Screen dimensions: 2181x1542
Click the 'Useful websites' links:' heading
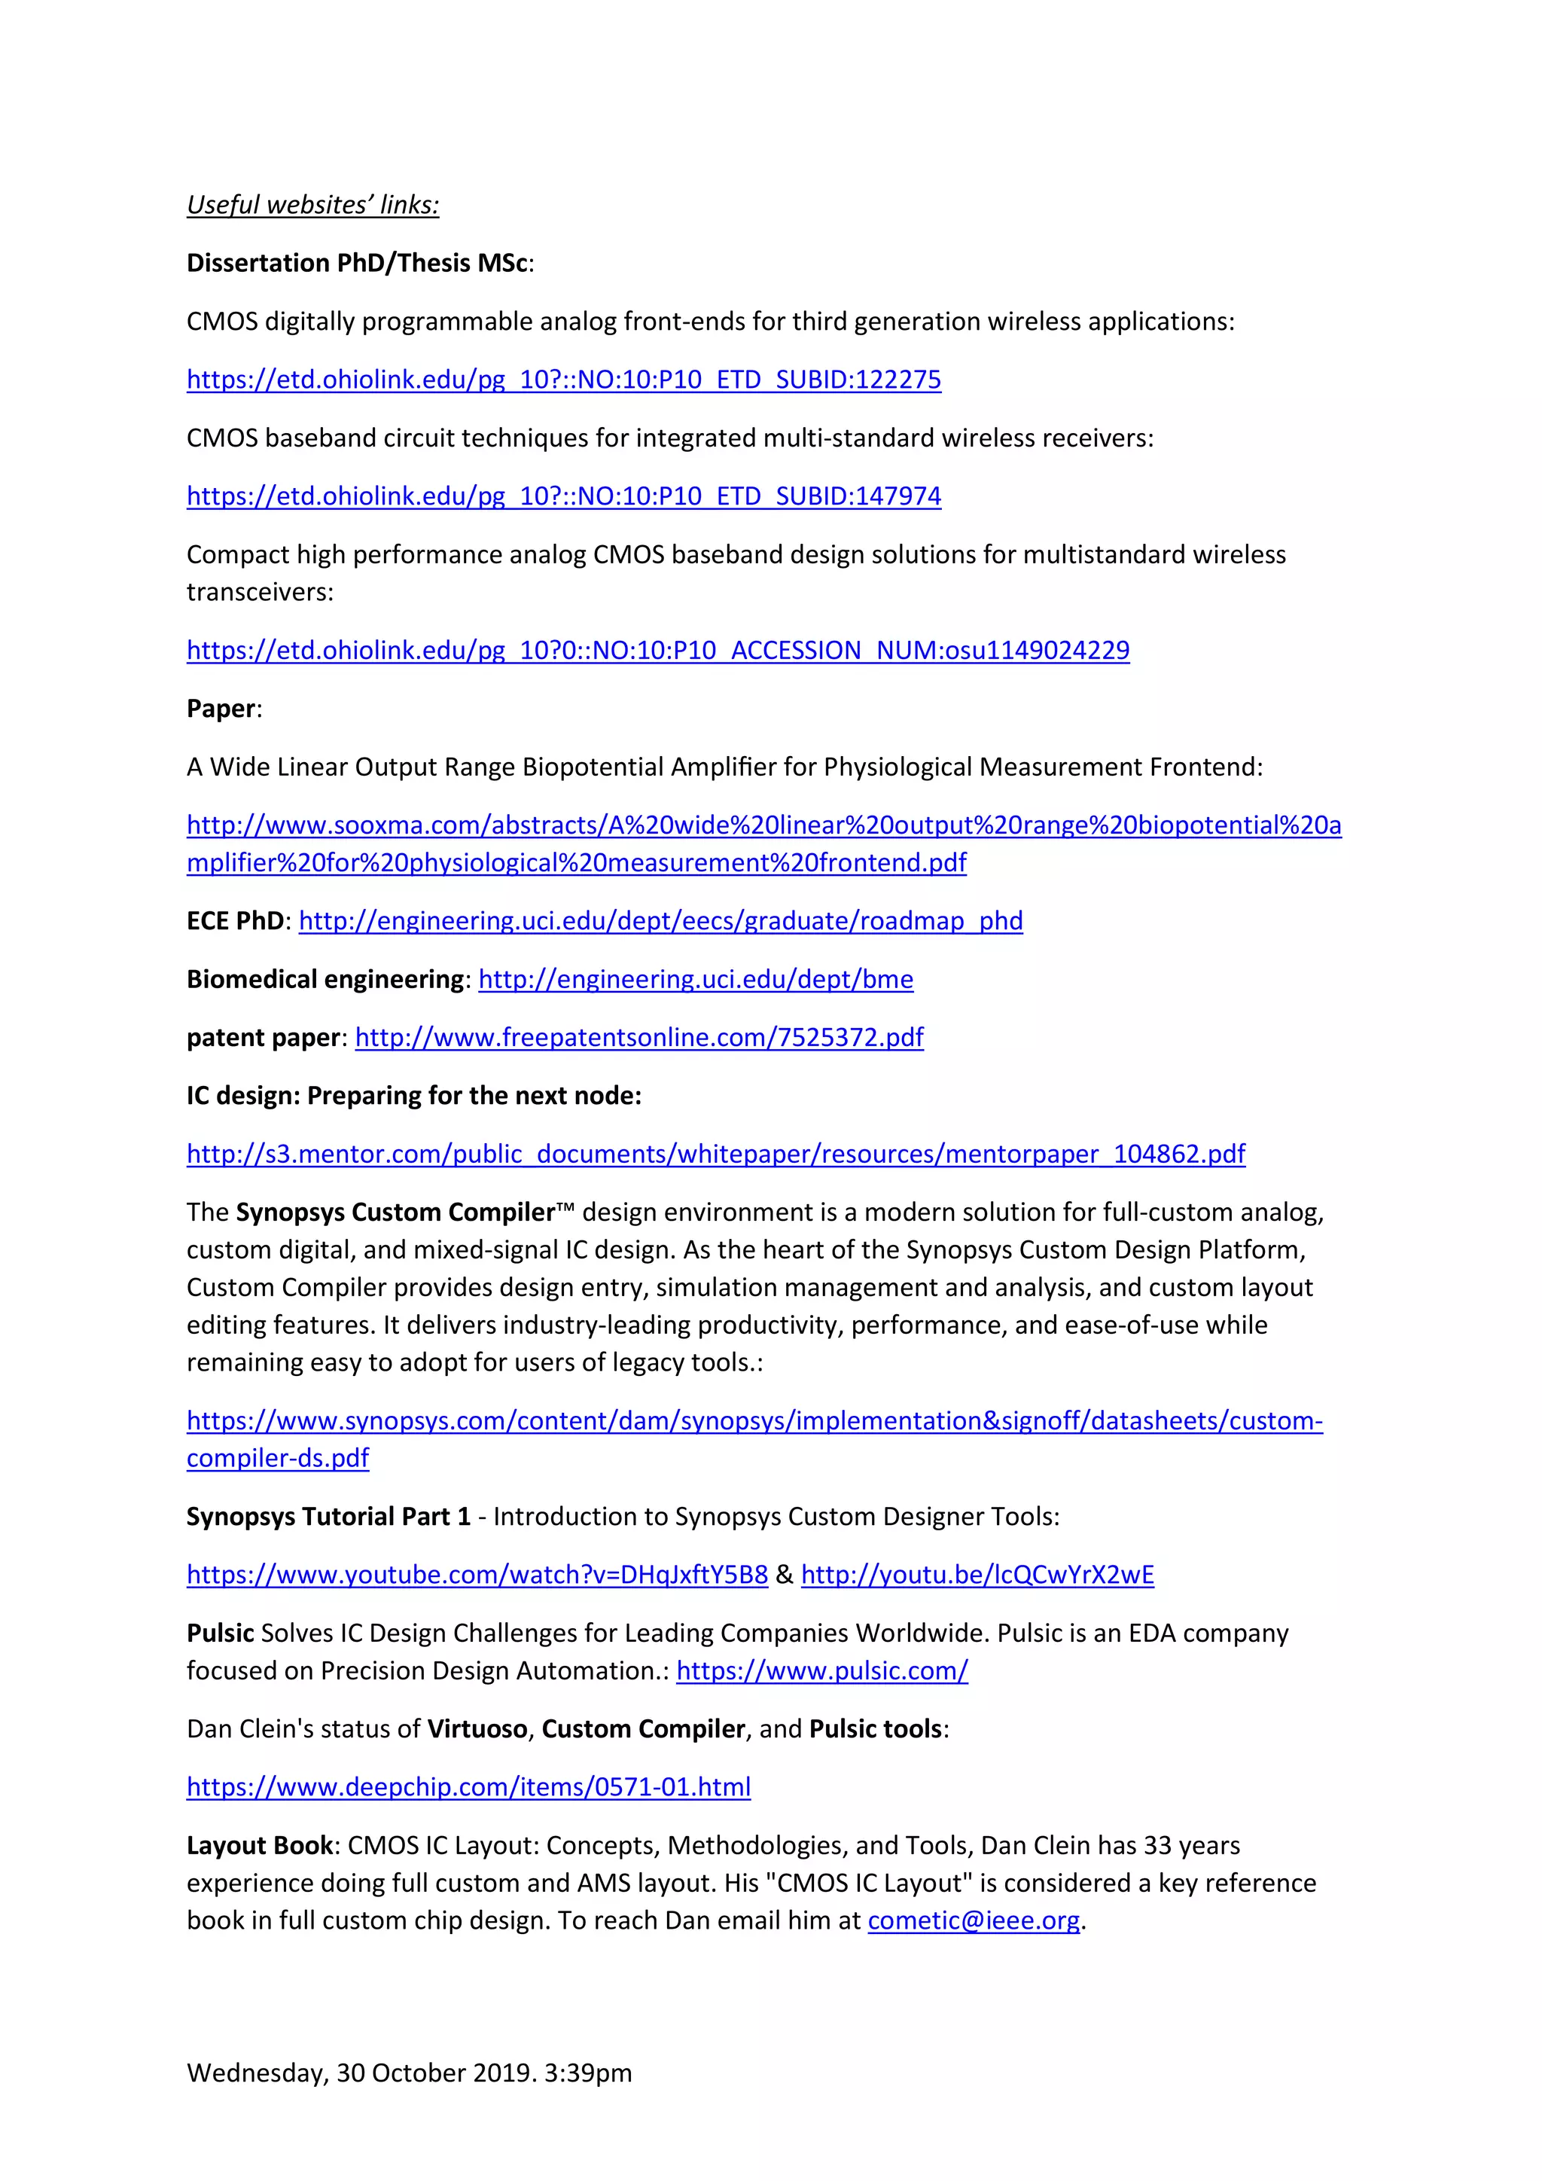click(312, 204)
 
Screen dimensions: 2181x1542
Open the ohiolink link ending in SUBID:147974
click(563, 496)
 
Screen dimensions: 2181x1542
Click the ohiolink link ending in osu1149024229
click(657, 650)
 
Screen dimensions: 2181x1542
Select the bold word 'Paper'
click(221, 709)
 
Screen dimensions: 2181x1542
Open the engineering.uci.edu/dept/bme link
click(695, 979)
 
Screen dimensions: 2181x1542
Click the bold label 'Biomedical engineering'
click(324, 979)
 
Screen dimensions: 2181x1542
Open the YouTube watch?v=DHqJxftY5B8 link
click(477, 1574)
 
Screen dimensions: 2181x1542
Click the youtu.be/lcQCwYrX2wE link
click(977, 1574)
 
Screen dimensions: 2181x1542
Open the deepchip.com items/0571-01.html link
click(468, 1787)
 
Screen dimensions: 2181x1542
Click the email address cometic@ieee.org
click(974, 1920)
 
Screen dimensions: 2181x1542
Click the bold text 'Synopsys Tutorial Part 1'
click(328, 1516)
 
